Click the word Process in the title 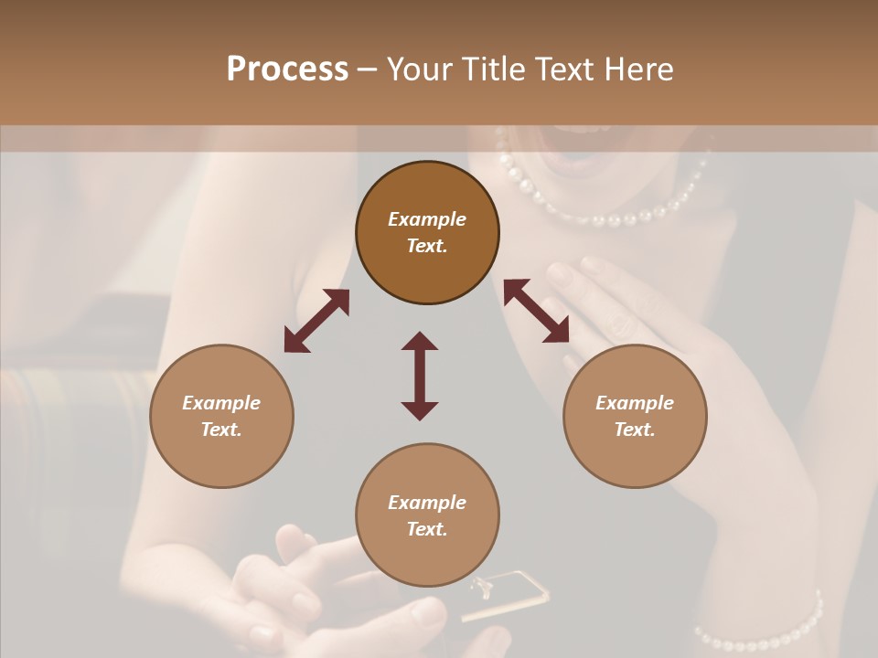click(287, 69)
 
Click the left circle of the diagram click(221, 416)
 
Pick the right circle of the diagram click(635, 416)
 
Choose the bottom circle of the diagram click(427, 515)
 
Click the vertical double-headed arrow click(420, 376)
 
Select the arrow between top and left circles click(316, 321)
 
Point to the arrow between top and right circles click(536, 312)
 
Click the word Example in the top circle click(427, 219)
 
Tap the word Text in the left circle click(221, 430)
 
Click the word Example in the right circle click(635, 403)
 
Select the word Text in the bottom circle click(427, 529)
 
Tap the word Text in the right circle click(635, 430)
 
